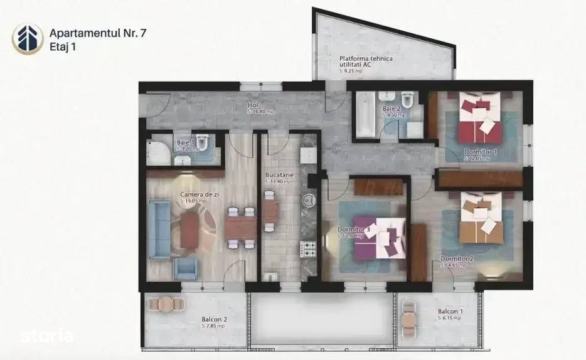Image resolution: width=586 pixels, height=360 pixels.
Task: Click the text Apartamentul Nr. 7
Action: pos(99,31)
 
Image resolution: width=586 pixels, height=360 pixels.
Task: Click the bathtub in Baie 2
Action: pos(365,115)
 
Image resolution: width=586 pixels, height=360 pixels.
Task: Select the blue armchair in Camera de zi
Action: pos(186,269)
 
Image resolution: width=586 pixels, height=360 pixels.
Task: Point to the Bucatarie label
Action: pos(278,178)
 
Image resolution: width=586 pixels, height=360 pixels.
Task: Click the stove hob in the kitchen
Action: pos(309,250)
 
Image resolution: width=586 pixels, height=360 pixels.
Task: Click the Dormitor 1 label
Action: pos(481,152)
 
